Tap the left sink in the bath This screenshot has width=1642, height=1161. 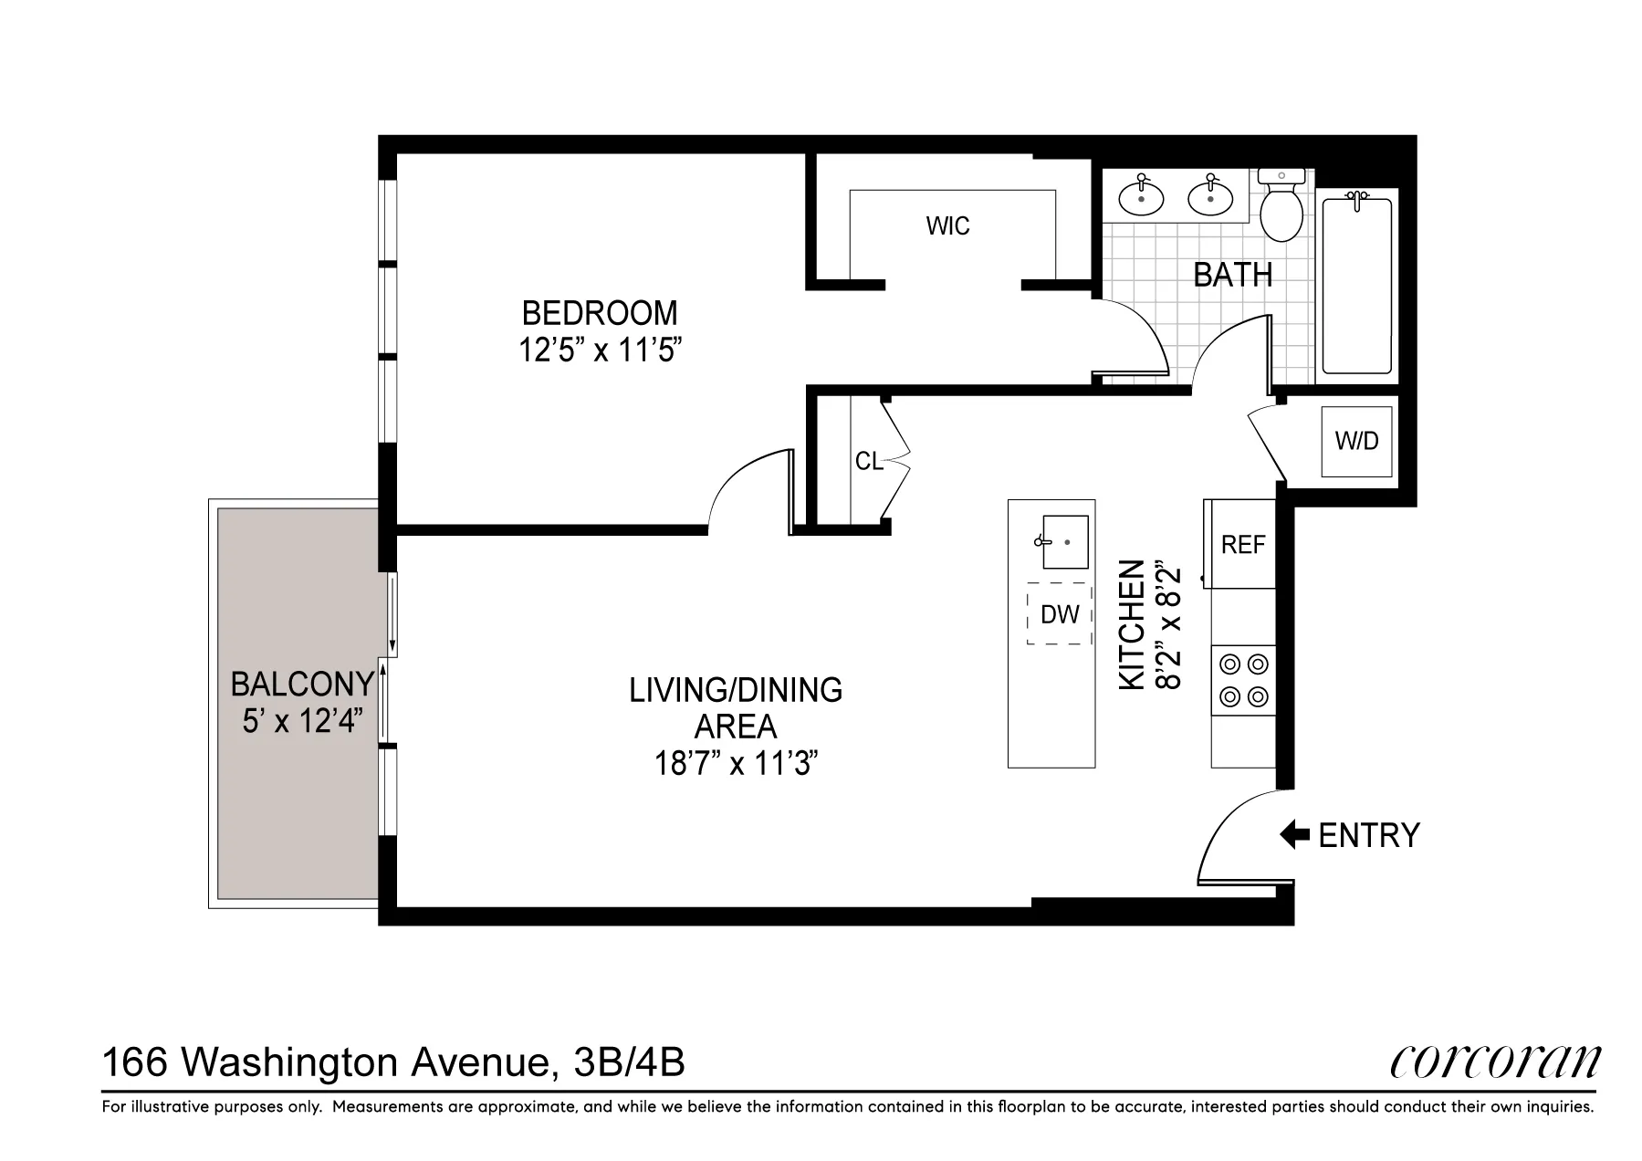1141,197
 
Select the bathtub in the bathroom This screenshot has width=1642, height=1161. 1356,285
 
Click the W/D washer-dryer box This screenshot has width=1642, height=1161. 1356,442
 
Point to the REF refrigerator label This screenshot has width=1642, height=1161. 1242,545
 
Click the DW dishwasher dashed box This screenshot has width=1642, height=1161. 1060,614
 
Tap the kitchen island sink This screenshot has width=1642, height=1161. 1065,541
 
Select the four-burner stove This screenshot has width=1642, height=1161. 1243,681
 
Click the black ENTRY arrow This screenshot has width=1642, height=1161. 1294,834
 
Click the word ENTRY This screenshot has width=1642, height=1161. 1369,835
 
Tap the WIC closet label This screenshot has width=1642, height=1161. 947,226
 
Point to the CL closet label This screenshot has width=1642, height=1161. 868,462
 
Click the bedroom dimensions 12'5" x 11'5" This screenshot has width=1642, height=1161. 600,350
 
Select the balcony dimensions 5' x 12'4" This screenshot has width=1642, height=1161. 302,722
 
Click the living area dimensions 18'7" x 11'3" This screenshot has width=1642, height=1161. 735,763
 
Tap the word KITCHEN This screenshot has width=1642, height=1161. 1132,624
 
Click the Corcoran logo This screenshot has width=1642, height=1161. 1494,1062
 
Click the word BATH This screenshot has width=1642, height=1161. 1232,275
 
